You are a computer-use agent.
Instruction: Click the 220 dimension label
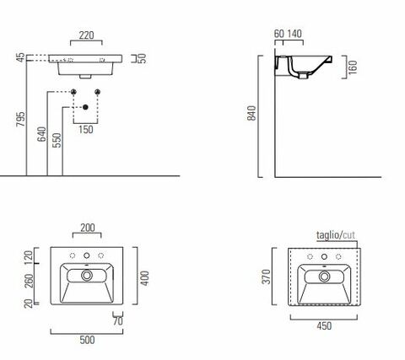[86, 35]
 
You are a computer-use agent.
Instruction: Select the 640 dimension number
[41, 134]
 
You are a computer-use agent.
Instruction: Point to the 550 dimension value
[57, 140]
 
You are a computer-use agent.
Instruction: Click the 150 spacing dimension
[86, 130]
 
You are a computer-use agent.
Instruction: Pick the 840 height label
[251, 113]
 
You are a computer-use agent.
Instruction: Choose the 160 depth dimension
[353, 67]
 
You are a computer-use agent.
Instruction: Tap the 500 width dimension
[87, 340]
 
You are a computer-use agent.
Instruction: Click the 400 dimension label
[144, 278]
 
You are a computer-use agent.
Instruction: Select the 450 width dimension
[324, 326]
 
